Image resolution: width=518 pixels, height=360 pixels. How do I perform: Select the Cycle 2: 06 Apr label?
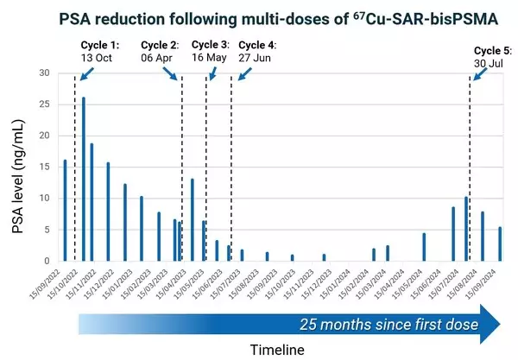161,51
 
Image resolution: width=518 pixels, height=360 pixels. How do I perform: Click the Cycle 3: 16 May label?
210,51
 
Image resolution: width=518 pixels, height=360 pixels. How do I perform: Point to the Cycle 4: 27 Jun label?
257,51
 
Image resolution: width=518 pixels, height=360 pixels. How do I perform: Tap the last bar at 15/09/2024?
500,243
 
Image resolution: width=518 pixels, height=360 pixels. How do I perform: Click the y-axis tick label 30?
46,73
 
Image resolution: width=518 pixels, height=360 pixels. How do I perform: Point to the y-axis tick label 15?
46,167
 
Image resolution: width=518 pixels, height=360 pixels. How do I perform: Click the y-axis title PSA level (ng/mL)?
20,167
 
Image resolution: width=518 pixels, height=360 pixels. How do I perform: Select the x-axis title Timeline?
276,350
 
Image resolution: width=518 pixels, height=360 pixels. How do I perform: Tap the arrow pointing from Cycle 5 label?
477,72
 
